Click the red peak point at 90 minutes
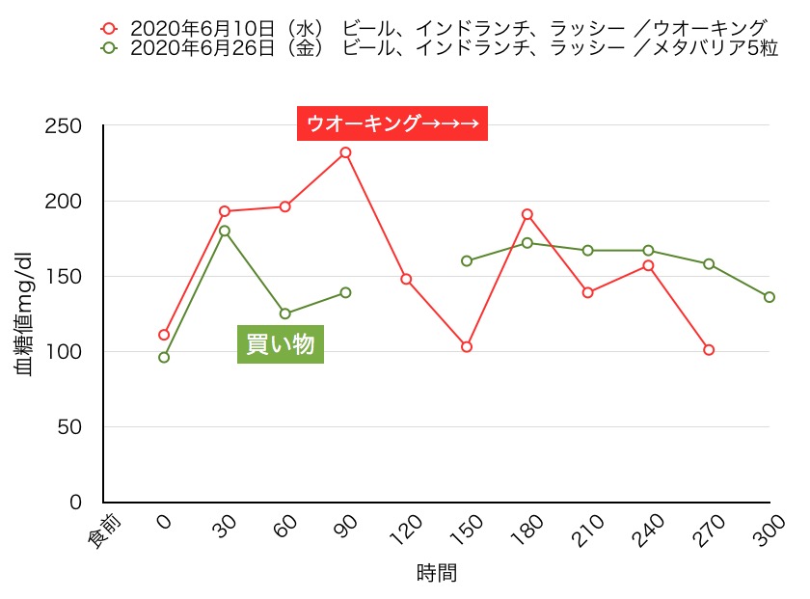tap(345, 152)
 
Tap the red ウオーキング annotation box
tap(392, 123)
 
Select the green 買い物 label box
tap(281, 344)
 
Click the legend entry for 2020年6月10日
tap(434, 27)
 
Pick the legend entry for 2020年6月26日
tap(440, 47)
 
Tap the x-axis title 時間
tap(437, 573)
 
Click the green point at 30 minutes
tap(225, 231)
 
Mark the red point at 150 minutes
tap(467, 346)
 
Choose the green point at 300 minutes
tap(769, 297)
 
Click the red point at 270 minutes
tap(709, 349)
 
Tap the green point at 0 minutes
tap(164, 357)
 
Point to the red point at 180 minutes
tap(527, 214)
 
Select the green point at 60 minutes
tap(285, 313)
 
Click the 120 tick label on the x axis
tap(405, 529)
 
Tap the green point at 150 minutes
tap(467, 261)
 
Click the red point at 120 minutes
tap(406, 279)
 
